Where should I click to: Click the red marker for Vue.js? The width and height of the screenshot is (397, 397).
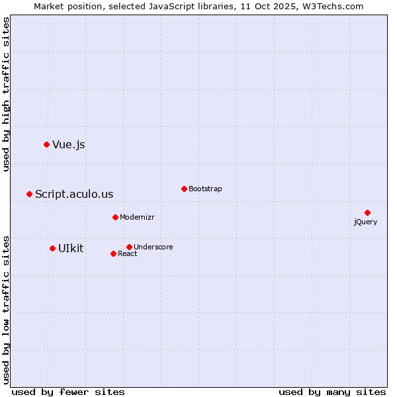tap(46, 144)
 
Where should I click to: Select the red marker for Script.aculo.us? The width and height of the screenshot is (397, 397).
tap(29, 194)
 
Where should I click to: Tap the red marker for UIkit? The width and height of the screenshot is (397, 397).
tap(52, 248)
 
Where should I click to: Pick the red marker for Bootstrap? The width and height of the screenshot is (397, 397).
tap(184, 189)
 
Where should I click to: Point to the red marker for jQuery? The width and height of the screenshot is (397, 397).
tap(367, 212)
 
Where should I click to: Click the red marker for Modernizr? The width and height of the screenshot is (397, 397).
tap(115, 217)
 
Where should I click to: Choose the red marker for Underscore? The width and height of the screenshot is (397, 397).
tap(129, 247)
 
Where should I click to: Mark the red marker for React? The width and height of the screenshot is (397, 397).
tap(113, 253)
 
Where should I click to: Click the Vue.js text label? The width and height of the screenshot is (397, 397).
tap(69, 145)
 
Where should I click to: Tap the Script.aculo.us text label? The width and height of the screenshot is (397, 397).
tap(74, 195)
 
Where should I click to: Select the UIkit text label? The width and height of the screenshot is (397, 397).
tap(71, 249)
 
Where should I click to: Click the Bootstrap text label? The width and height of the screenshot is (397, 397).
tap(205, 189)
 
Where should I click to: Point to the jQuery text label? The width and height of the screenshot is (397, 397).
tap(365, 222)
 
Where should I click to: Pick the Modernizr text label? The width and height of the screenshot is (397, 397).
tap(137, 218)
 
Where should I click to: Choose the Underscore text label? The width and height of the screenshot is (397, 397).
tap(153, 247)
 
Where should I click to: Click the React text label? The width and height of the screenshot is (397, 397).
tap(128, 254)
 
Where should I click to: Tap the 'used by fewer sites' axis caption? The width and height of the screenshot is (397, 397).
tap(68, 392)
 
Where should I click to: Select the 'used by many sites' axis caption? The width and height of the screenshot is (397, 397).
tap(332, 392)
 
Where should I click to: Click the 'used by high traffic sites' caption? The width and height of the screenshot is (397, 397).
tap(7, 94)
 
